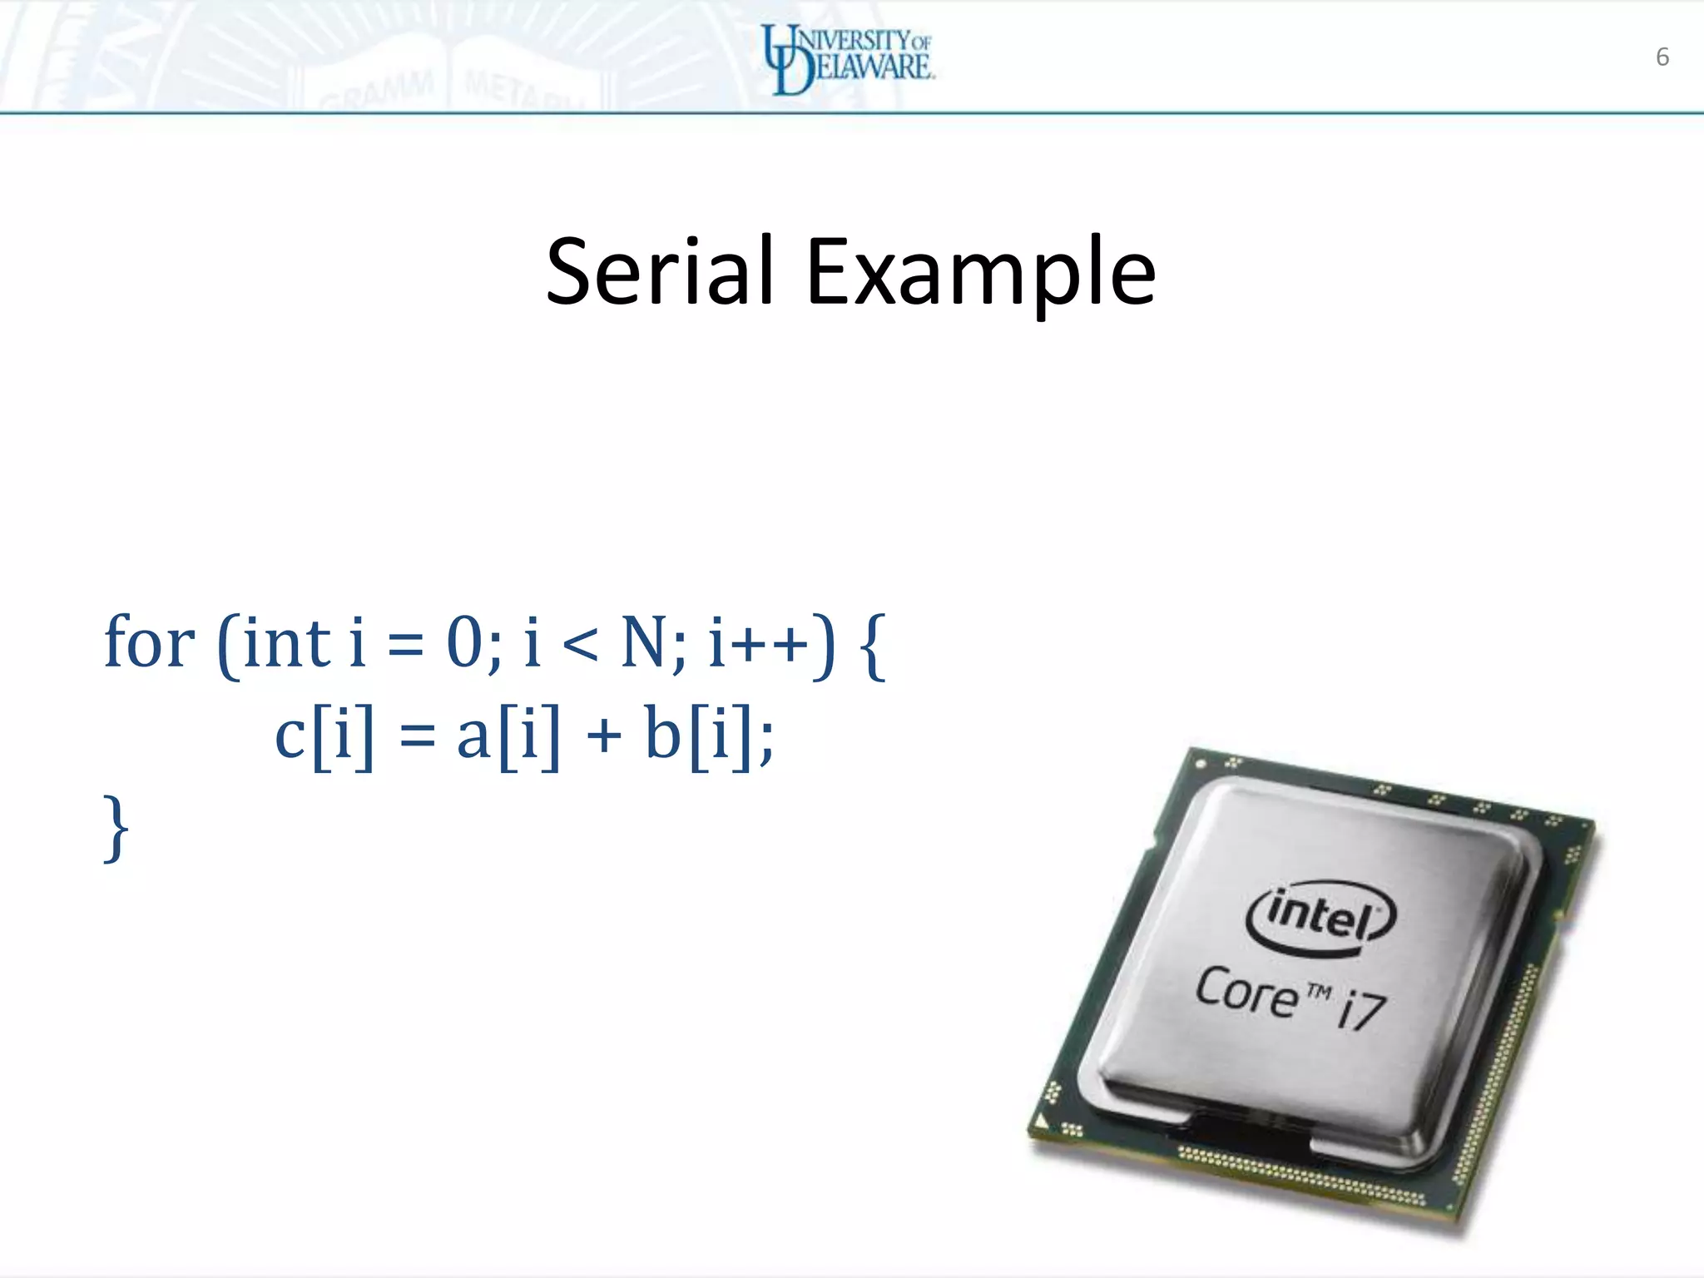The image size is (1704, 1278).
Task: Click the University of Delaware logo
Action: point(849,58)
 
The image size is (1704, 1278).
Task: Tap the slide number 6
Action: point(1662,57)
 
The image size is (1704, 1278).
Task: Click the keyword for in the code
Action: point(150,642)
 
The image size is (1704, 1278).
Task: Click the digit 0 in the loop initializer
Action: point(465,642)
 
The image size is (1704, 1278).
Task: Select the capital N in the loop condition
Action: point(646,642)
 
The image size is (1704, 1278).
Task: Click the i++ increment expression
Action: point(757,642)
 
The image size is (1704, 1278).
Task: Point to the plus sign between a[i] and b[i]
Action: point(604,737)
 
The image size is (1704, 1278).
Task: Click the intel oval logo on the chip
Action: point(1320,918)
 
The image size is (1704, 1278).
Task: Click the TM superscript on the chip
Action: point(1319,992)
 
